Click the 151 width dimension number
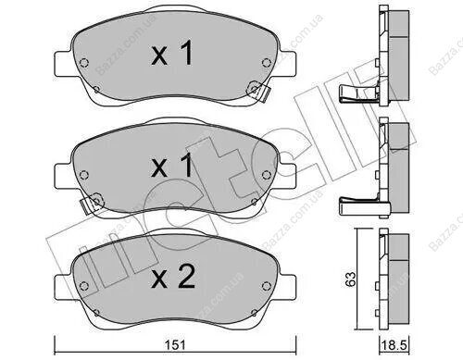click(175, 345)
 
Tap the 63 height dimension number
click(351, 279)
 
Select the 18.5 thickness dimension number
click(394, 345)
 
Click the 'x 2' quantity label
click(173, 278)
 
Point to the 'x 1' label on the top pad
click(172, 53)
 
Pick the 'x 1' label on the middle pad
click(172, 166)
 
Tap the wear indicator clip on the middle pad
click(92, 203)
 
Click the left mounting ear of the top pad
click(63, 64)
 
